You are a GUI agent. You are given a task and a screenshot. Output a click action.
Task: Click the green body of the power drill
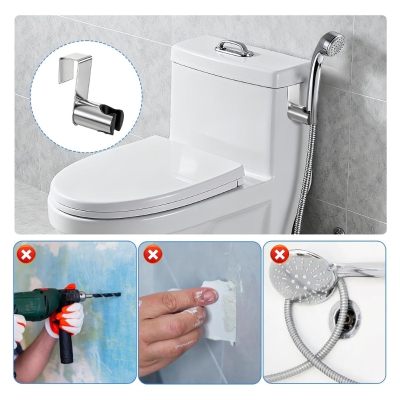(x=37, y=300)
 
